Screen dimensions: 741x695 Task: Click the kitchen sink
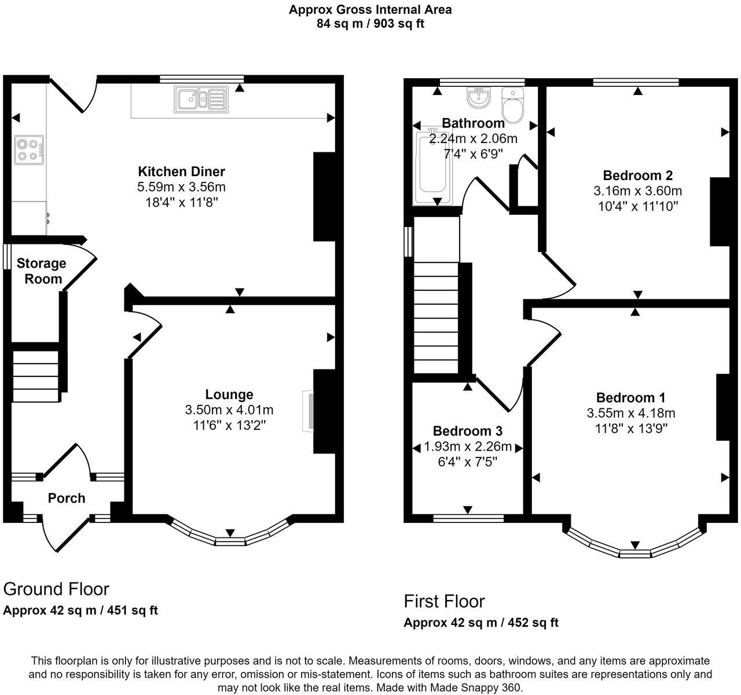click(201, 100)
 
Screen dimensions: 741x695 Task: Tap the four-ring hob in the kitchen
click(29, 150)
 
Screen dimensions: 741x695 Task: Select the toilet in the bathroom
click(513, 105)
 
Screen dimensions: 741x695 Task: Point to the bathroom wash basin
click(478, 97)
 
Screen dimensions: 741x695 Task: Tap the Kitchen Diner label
click(181, 171)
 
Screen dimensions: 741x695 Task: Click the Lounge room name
click(229, 394)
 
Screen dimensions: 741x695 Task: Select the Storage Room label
click(42, 271)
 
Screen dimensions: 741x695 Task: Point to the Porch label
click(67, 498)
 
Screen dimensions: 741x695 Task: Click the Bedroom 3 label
click(468, 431)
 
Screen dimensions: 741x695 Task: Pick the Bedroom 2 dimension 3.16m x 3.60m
click(637, 191)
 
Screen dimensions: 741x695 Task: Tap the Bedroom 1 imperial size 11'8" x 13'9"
click(631, 429)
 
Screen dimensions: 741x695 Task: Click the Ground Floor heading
click(56, 589)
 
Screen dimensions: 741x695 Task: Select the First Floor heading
click(444, 601)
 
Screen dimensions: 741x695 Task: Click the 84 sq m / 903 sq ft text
click(370, 24)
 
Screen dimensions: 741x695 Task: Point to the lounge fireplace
click(308, 411)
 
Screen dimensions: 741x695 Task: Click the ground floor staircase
click(36, 376)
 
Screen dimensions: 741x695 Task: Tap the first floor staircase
click(436, 317)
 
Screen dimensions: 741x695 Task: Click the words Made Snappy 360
click(476, 687)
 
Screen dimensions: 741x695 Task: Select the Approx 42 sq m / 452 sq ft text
click(481, 623)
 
